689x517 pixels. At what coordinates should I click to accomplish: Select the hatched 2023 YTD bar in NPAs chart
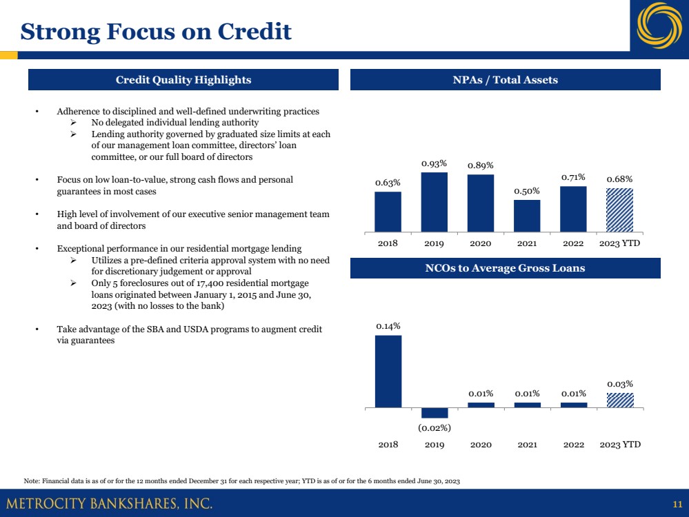click(x=620, y=210)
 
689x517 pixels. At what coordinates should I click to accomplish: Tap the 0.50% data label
click(x=527, y=191)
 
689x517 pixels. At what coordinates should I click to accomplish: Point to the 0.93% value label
click(x=435, y=163)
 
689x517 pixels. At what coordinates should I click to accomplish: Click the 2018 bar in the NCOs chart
click(x=388, y=371)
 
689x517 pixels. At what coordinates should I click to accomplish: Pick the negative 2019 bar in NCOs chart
click(x=435, y=412)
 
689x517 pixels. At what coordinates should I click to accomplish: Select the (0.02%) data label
click(x=435, y=427)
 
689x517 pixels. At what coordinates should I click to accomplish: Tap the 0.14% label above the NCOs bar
click(x=388, y=325)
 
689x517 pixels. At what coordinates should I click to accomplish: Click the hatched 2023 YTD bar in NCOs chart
click(x=620, y=400)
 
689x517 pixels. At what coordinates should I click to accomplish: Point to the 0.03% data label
click(x=620, y=383)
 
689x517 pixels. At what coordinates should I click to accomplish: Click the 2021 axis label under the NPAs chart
click(x=527, y=243)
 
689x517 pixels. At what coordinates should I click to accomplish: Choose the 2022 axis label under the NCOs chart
click(x=574, y=445)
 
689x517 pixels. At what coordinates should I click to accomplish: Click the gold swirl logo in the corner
click(x=659, y=26)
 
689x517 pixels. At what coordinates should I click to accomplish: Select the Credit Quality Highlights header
click(x=183, y=80)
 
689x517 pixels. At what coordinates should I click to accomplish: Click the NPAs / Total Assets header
click(x=505, y=80)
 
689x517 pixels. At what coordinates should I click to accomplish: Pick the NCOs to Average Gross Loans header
click(x=505, y=268)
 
